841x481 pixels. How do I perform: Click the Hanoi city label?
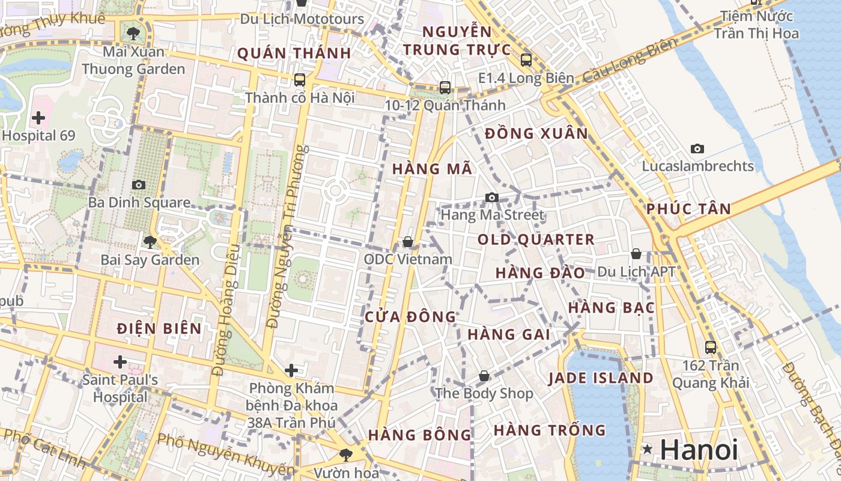point(699,450)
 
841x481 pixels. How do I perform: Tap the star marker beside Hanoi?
point(647,449)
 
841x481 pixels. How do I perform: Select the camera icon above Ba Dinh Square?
point(139,185)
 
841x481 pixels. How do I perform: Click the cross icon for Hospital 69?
point(38,118)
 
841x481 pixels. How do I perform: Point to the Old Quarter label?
point(536,240)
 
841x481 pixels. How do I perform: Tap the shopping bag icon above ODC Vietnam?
point(408,242)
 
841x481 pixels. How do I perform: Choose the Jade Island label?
point(601,378)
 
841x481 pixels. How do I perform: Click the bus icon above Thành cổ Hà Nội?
point(299,79)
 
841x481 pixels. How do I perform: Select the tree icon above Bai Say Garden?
point(150,242)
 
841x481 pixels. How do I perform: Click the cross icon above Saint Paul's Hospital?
point(120,362)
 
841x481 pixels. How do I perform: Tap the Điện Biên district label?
point(159,329)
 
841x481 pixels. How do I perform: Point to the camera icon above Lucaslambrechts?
point(697,149)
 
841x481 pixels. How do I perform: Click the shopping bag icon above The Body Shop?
point(484,376)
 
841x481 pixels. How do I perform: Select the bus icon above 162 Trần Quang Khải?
point(710,347)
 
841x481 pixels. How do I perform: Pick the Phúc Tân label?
point(688,209)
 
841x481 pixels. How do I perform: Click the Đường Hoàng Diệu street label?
point(227,310)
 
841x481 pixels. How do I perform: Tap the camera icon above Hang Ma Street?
point(492,197)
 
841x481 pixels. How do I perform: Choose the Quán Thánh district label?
point(294,54)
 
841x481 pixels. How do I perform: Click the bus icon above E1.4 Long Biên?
point(526,60)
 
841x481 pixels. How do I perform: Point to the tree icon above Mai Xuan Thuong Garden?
point(133,34)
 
